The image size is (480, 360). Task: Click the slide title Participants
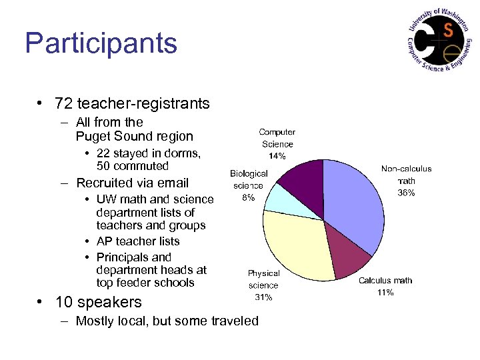101,43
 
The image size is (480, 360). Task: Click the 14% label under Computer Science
277,156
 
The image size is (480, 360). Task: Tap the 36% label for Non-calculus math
406,193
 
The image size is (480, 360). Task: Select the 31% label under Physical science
263,297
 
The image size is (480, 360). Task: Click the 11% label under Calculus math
385,293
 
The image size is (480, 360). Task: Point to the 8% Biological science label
248,197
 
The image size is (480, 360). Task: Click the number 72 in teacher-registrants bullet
64,103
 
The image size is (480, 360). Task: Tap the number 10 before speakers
64,302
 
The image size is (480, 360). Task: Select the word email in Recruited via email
172,183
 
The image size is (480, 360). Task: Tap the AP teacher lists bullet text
138,241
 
